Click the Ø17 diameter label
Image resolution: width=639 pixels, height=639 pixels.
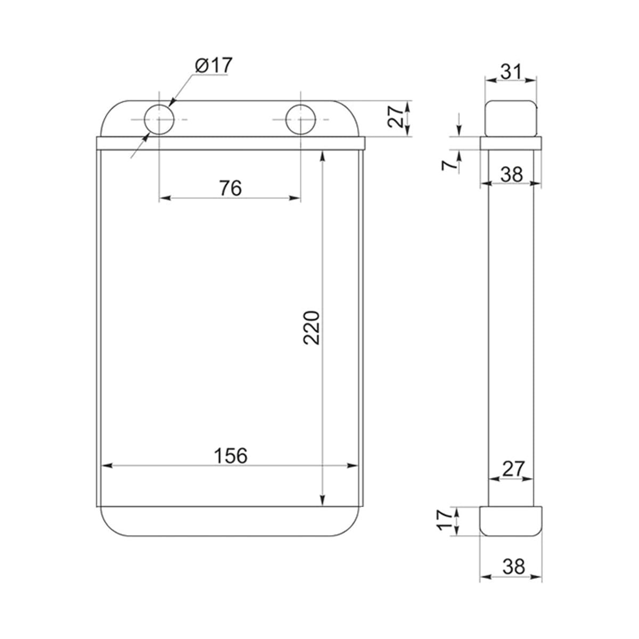pyautogui.click(x=214, y=65)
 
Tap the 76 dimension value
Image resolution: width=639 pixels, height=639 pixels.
pyautogui.click(x=231, y=188)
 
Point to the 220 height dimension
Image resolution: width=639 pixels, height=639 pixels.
pyautogui.click(x=312, y=327)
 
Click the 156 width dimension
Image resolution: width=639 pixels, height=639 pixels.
pyautogui.click(x=231, y=456)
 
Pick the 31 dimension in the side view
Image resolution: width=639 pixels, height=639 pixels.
pyautogui.click(x=511, y=72)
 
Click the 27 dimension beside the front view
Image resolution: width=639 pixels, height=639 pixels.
pyautogui.click(x=396, y=117)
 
